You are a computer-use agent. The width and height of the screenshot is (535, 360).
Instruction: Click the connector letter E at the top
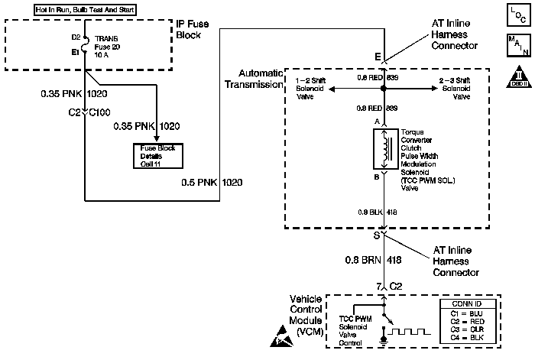coord(378,55)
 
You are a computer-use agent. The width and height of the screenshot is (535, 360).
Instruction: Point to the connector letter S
coord(377,235)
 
